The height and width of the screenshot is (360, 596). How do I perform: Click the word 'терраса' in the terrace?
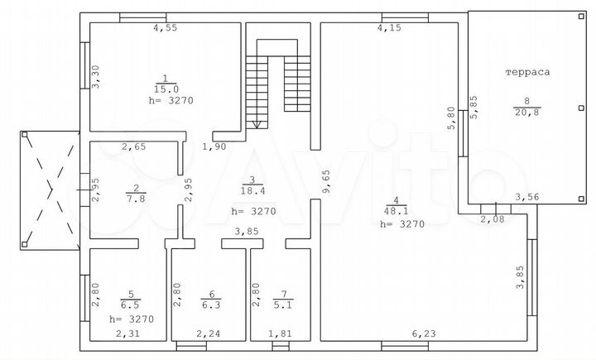click(527, 73)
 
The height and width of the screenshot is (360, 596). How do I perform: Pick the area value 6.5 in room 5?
click(127, 305)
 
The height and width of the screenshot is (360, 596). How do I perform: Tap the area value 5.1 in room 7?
click(286, 305)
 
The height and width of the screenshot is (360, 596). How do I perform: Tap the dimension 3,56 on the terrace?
click(526, 197)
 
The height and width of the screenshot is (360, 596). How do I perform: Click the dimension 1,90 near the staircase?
click(214, 146)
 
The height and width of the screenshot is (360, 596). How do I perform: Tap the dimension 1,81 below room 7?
click(280, 334)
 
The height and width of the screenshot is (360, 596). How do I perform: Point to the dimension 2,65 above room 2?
click(134, 147)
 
